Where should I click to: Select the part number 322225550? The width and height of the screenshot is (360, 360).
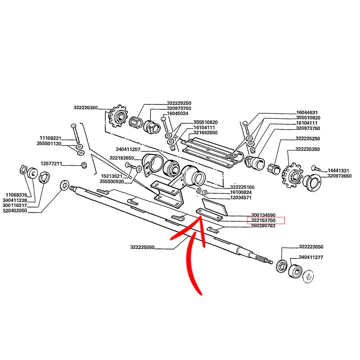tap(142, 247)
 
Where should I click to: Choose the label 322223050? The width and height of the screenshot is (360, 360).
tap(311, 247)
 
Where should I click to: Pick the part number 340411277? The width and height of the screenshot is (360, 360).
tap(311, 257)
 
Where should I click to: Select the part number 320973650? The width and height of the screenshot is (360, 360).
tap(339, 176)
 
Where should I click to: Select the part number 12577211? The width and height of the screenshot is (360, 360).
tap(51, 163)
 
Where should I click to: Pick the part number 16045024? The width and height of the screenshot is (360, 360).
tap(177, 114)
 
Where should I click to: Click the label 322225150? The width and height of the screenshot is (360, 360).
tap(242, 187)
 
